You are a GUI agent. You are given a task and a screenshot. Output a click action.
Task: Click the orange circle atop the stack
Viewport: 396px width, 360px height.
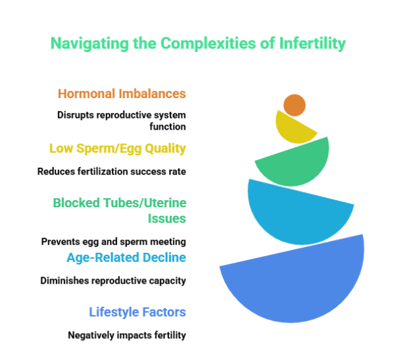click(x=295, y=105)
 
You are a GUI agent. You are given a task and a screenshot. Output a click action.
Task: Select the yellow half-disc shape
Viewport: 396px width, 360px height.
click(x=293, y=131)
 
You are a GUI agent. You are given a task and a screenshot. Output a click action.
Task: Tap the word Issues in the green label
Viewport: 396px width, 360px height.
click(x=166, y=218)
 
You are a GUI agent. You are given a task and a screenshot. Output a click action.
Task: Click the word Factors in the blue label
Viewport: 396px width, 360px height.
click(x=164, y=312)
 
